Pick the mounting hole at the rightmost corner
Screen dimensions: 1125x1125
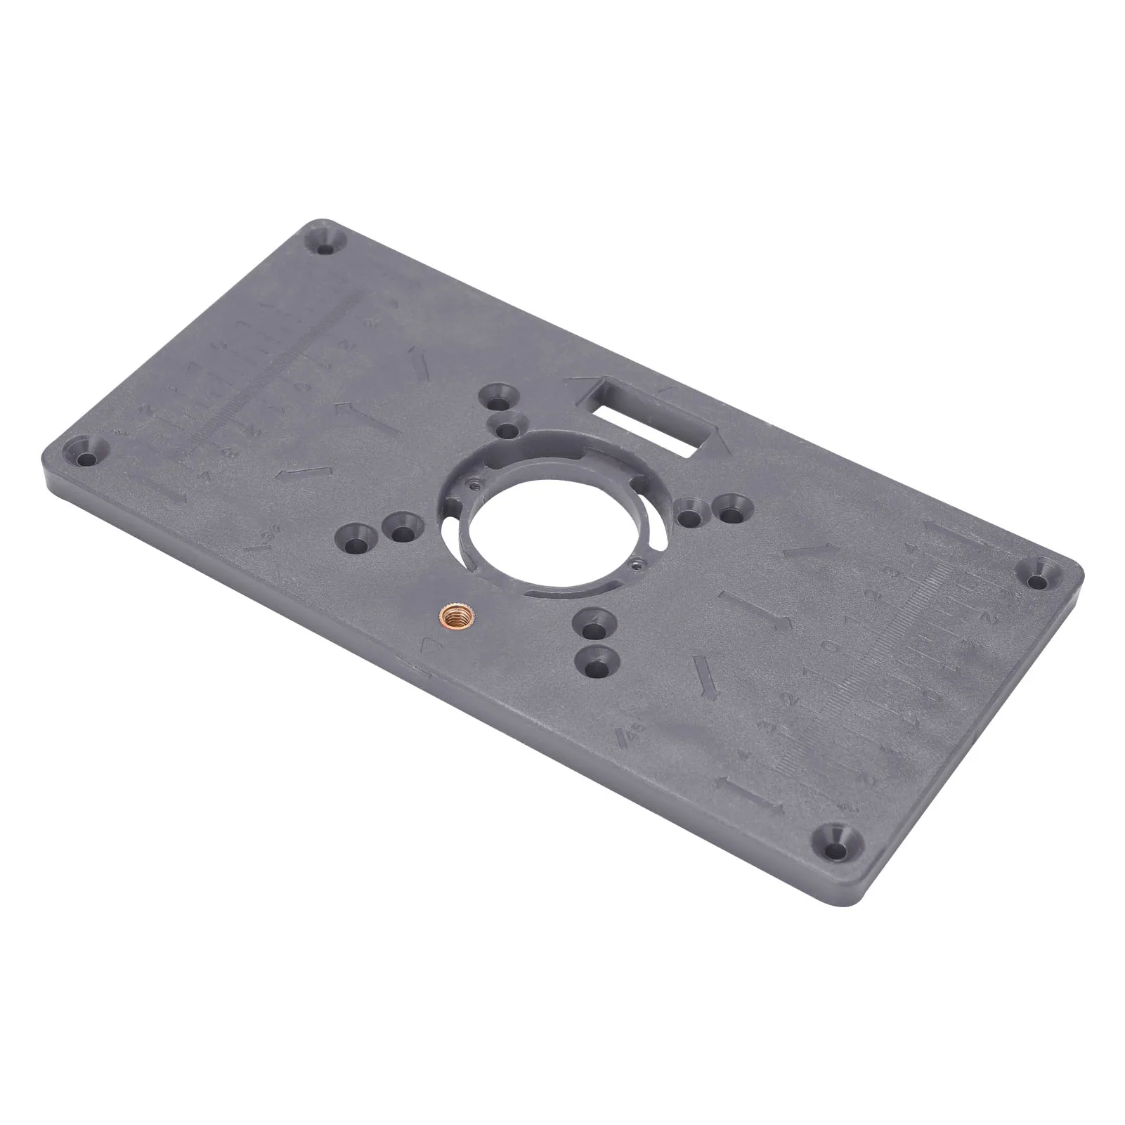[1039, 580]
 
